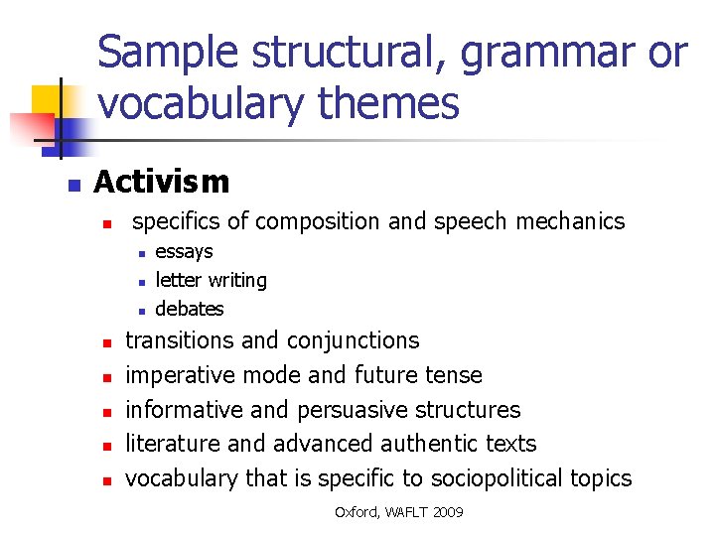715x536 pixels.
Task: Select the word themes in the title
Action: coord(397,102)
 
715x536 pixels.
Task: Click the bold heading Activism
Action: coord(161,182)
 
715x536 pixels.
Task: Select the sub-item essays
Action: coord(184,252)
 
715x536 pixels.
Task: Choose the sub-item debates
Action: coord(190,309)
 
